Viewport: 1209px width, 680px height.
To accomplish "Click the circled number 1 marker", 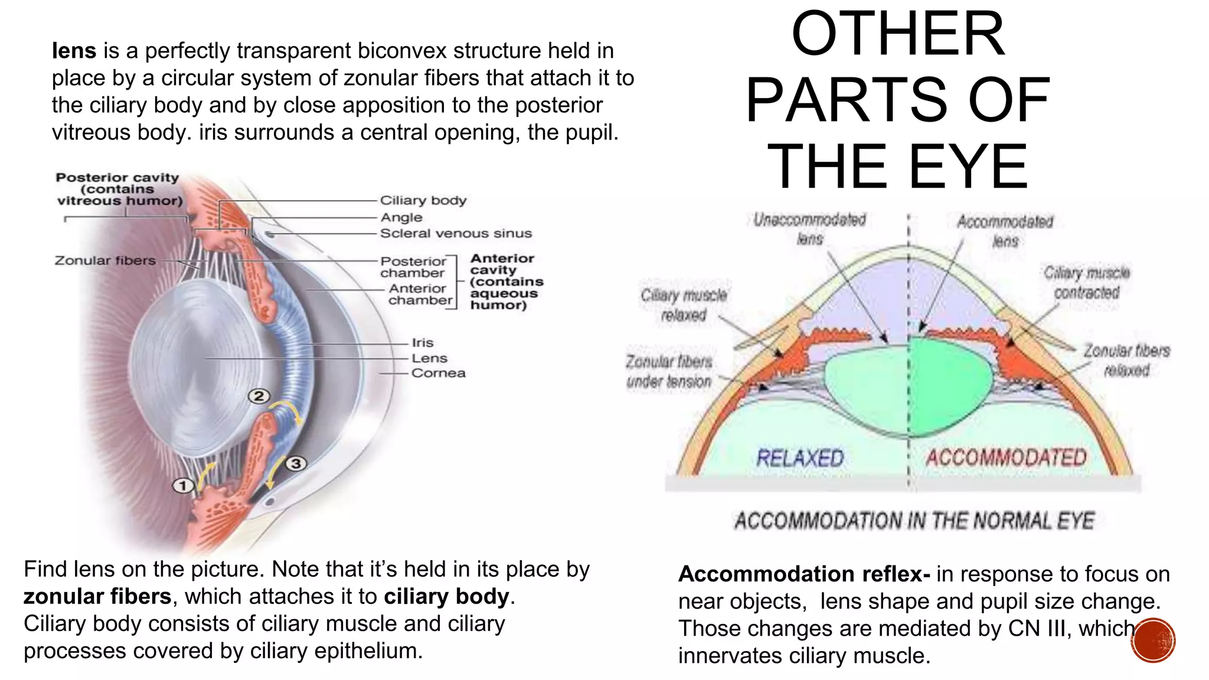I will tap(183, 486).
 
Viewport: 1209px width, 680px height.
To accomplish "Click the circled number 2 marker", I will tap(259, 396).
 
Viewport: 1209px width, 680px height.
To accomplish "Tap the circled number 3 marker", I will tap(296, 463).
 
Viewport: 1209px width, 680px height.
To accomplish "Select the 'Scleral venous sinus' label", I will tap(456, 233).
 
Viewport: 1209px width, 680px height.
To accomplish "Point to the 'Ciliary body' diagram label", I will tap(423, 200).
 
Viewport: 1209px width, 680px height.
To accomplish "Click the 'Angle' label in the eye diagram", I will tap(401, 217).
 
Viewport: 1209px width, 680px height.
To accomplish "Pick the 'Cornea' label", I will tap(439, 373).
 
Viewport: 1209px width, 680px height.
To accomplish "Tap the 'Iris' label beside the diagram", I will tap(423, 342).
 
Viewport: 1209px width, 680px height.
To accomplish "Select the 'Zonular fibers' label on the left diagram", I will tap(105, 260).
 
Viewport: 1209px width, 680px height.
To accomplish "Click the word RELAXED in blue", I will tap(800, 458).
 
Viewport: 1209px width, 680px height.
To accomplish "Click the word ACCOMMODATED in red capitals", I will tap(1006, 457).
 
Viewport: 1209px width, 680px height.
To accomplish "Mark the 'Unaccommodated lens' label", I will tap(809, 229).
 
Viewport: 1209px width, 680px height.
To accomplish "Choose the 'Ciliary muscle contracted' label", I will tap(1087, 283).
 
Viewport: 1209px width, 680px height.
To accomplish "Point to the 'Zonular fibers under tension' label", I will tap(669, 371).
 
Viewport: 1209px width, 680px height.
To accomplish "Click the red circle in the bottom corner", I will tap(1153, 640).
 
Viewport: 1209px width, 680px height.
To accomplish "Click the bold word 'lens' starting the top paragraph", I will tap(74, 51).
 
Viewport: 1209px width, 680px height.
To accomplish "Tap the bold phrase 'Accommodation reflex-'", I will tap(804, 574).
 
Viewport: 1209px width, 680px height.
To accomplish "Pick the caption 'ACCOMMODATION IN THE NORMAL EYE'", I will tap(914, 521).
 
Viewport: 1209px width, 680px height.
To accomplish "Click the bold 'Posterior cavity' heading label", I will tap(117, 178).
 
